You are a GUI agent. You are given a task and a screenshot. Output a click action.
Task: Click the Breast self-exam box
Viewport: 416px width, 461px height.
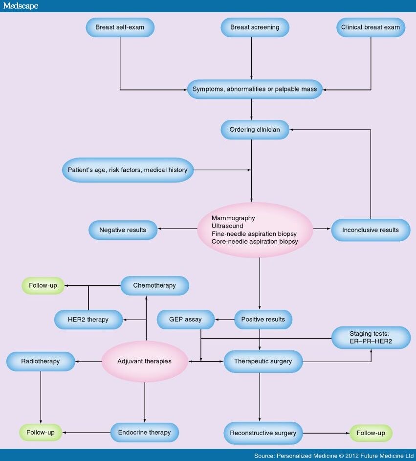tap(120, 27)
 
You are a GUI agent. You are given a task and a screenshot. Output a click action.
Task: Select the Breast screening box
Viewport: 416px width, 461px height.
tap(255, 27)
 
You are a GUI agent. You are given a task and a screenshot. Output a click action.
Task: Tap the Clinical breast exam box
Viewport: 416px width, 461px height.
tap(371, 27)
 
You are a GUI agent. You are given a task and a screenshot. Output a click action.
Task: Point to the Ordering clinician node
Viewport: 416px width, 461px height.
tap(255, 130)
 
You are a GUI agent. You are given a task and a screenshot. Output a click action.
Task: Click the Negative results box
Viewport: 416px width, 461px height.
tap(123, 230)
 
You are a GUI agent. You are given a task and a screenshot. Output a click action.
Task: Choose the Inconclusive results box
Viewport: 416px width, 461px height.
tap(371, 230)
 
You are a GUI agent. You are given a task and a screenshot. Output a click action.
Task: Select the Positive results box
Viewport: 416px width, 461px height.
tap(263, 319)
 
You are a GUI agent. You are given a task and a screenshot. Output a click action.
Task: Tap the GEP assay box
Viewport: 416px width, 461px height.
tap(186, 319)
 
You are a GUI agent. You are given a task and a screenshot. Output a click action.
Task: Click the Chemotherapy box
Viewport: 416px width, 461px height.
tap(154, 285)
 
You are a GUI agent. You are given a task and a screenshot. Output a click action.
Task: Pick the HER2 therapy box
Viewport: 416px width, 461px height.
tap(88, 319)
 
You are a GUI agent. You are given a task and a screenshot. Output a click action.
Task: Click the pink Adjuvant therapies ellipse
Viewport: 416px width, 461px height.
tap(145, 361)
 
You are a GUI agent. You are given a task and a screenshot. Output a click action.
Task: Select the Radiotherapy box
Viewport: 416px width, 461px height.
tap(41, 361)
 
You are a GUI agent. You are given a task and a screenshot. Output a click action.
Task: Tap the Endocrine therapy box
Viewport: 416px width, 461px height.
tap(144, 432)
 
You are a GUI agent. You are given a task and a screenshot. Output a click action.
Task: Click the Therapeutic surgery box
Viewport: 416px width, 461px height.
tap(263, 361)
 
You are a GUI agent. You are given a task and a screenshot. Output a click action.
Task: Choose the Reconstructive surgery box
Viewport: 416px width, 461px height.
tap(263, 433)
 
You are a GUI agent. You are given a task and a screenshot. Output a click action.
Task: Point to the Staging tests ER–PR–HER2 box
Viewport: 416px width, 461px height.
tap(371, 338)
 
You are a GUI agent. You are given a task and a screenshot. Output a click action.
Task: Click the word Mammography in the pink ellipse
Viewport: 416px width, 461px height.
tap(233, 218)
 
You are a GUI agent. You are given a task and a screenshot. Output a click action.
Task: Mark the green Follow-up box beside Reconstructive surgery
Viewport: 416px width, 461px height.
tap(371, 433)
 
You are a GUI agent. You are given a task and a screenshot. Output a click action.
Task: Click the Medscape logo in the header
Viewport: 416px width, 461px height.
tap(21, 6)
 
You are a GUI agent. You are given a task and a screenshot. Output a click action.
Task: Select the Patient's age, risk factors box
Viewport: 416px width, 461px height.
tap(128, 170)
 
